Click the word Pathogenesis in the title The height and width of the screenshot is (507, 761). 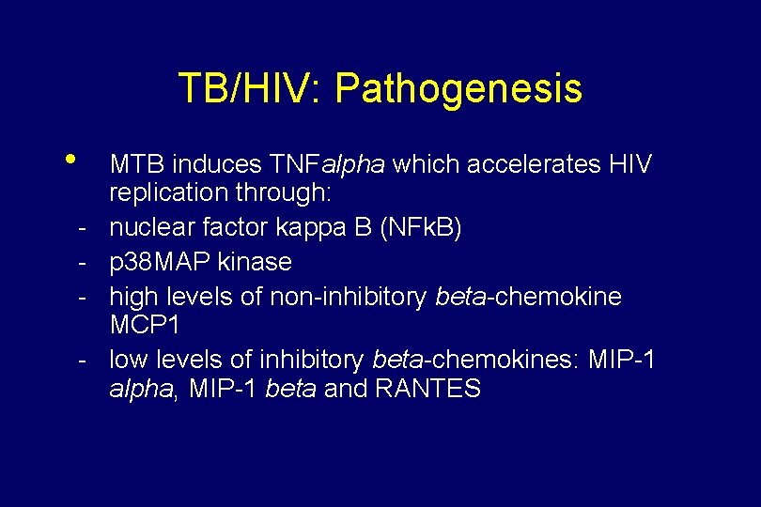tap(458, 89)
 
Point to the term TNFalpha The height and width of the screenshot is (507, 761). tap(327, 165)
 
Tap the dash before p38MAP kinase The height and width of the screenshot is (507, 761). tap(84, 262)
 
